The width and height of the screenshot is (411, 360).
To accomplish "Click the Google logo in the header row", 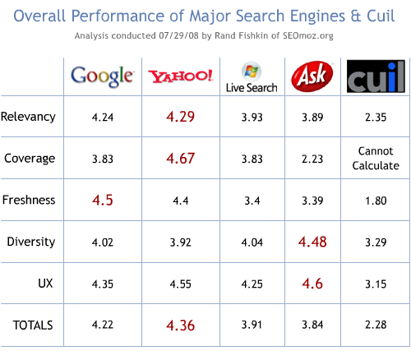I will pos(103,76).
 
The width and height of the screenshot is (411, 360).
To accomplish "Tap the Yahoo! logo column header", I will pos(181,77).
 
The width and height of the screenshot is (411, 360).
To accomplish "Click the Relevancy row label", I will pos(30,117).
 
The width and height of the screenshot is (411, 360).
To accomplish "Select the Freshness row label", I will pos(30,199).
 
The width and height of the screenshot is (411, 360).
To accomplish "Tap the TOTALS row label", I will pos(33,325).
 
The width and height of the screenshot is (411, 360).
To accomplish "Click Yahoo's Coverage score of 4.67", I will pos(181,159).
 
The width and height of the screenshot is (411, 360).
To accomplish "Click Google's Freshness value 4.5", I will pos(103,200).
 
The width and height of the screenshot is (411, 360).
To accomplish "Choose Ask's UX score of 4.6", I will pos(312,284).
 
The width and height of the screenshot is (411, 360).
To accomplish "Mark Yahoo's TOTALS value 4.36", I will pos(181,325).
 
